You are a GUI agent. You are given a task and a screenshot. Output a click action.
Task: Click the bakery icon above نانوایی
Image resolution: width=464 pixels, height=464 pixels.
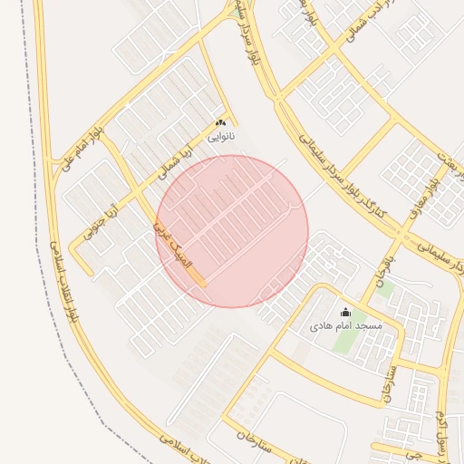coord(220,123)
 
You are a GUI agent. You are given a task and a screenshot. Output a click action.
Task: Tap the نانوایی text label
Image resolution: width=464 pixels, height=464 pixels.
coord(220,137)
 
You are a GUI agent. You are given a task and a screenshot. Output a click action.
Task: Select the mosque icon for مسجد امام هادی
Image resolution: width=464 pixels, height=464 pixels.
coord(345,313)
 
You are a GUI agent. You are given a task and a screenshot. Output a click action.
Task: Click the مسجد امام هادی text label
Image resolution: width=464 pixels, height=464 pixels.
coord(346,324)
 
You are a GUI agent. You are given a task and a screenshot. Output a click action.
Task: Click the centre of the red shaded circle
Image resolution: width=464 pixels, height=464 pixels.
coord(232,231)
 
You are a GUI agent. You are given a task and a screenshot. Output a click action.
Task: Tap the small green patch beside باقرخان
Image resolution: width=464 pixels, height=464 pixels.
coord(384,292)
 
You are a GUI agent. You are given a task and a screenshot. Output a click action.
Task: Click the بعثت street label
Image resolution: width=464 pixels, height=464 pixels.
coord(444,163)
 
